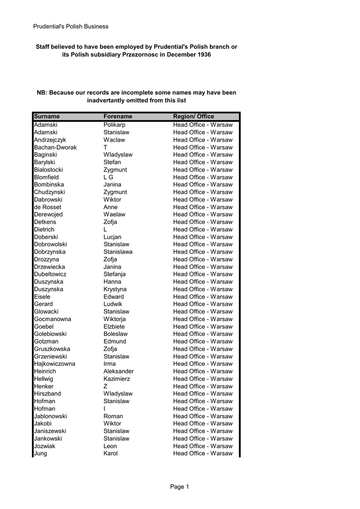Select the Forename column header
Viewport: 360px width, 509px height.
tap(118, 117)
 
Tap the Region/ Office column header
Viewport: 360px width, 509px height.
tap(193, 117)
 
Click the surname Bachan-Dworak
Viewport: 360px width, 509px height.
tap(55, 148)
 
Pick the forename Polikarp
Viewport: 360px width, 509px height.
tap(114, 125)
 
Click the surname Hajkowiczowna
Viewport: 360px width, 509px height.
tap(55, 364)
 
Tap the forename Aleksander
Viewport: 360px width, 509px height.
tap(118, 371)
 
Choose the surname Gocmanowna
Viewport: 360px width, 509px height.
tap(53, 319)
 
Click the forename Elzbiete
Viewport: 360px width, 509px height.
tap(114, 327)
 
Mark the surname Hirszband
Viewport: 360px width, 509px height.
tap(48, 394)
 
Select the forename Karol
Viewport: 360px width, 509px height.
tap(110, 453)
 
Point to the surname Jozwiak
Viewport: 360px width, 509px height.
tap(45, 446)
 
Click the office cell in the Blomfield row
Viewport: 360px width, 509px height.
tap(203, 177)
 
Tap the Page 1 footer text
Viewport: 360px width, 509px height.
tap(180, 487)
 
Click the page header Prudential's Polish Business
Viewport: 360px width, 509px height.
tap(71, 26)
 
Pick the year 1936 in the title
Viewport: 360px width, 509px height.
tap(204, 54)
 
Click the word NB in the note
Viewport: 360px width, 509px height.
tap(41, 93)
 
